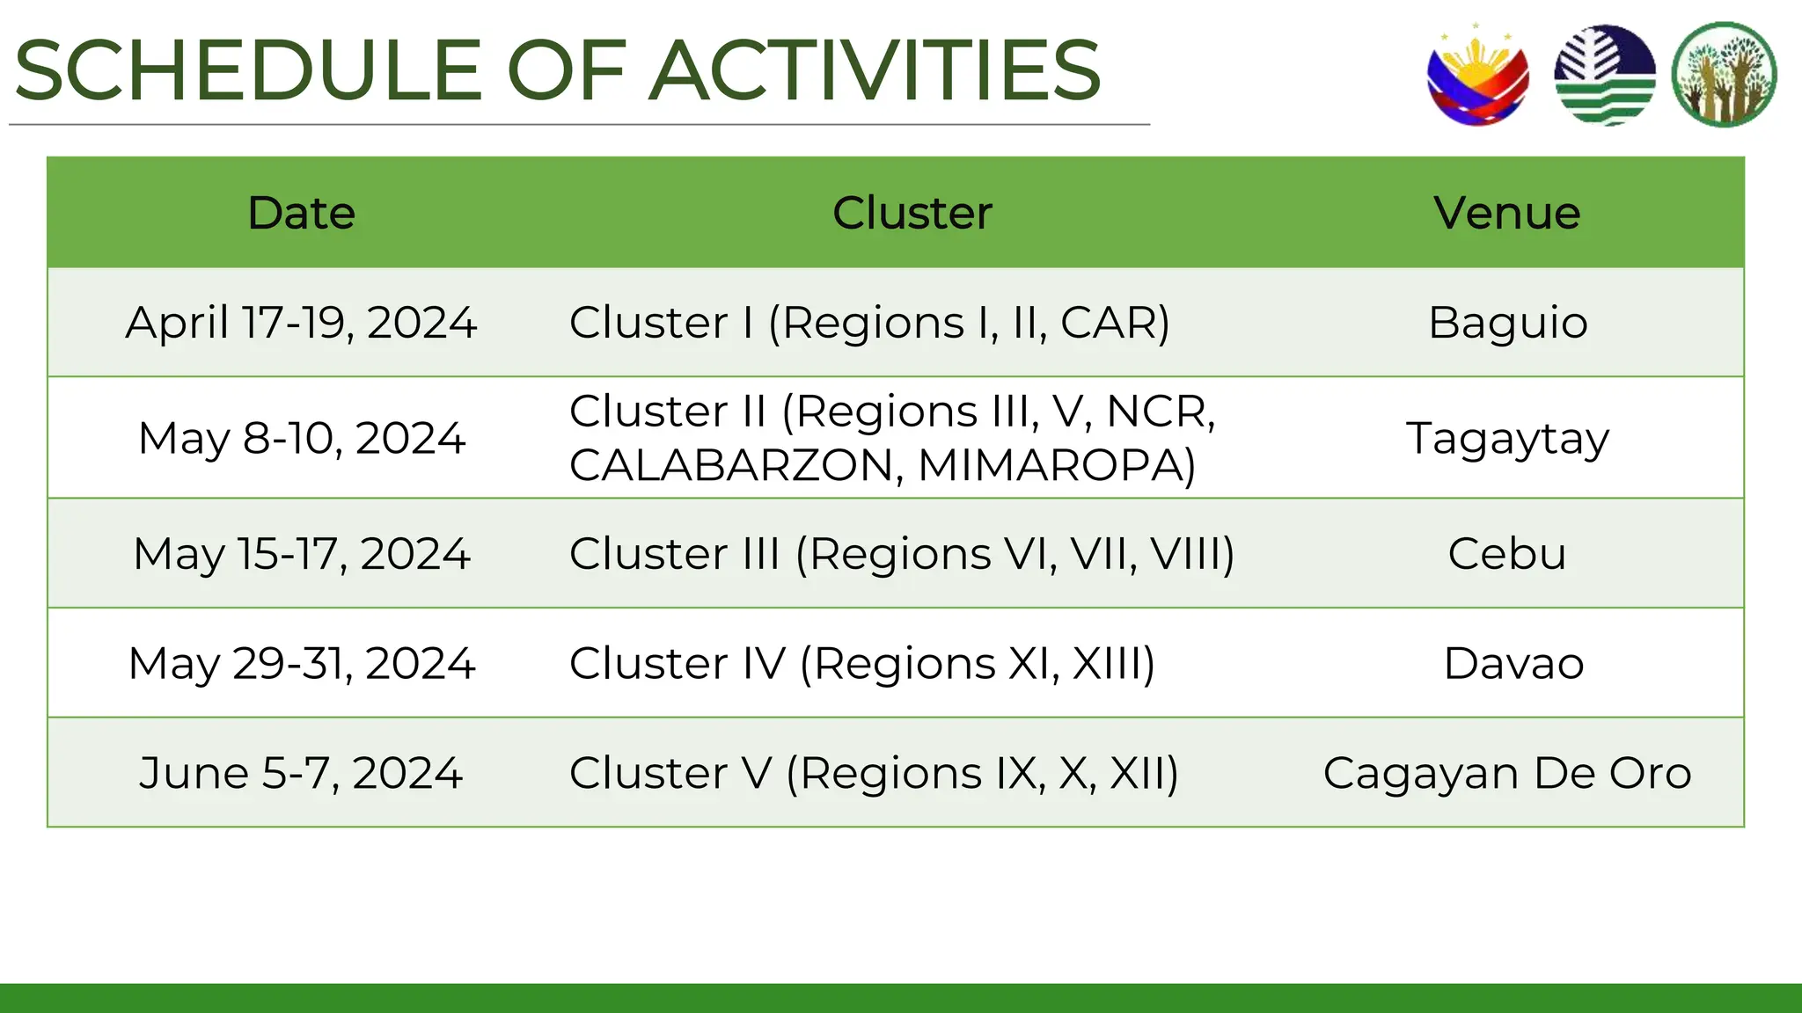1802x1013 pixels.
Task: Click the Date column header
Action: (301, 213)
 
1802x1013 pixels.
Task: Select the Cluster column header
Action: (912, 213)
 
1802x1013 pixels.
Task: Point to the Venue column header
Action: (1506, 213)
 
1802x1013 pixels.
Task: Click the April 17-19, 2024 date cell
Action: (301, 323)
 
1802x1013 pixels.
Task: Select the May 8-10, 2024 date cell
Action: (301, 438)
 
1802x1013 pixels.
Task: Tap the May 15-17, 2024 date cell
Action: (301, 554)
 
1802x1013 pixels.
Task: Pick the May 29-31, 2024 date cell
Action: (301, 664)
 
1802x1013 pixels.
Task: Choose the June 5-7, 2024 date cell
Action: (301, 774)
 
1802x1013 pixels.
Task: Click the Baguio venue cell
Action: (1507, 323)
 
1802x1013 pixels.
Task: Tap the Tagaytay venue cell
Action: (1507, 438)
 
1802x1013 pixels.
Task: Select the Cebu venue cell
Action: (1507, 554)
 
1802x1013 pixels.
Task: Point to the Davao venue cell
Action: (1513, 664)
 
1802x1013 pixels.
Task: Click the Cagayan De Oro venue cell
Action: (1507, 774)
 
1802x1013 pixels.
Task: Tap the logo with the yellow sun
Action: (1478, 76)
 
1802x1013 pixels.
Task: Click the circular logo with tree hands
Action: (1724, 76)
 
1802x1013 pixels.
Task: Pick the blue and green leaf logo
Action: (1604, 76)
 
